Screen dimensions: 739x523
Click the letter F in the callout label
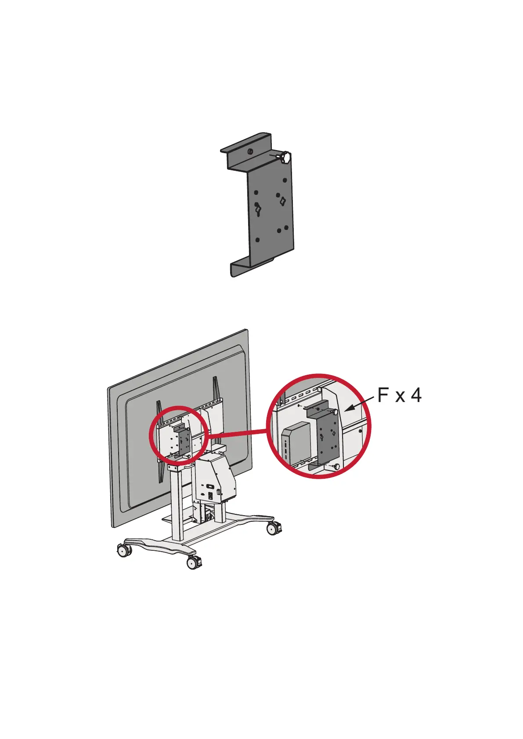383,395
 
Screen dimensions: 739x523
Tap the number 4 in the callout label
416,395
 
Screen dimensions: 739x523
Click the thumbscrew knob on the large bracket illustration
286,157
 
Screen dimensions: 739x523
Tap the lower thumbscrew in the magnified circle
336,466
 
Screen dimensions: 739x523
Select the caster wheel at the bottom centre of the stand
194,562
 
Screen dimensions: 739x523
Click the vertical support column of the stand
177,505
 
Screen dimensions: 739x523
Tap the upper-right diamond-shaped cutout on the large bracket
283,201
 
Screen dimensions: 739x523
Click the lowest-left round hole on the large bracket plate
257,240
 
